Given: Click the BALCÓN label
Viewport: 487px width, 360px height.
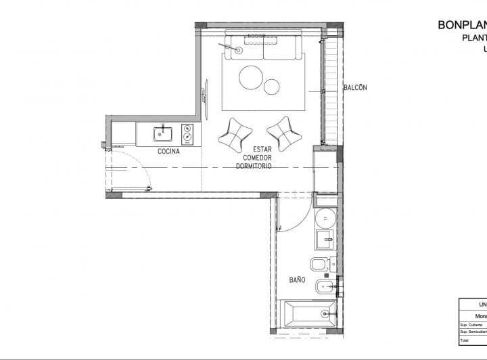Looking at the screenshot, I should pos(355,88).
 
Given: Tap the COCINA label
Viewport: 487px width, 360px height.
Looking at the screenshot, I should pos(168,151).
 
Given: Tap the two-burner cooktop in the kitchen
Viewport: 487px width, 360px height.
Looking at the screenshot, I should pos(187,134).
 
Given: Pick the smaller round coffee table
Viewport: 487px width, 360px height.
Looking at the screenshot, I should pos(272,87).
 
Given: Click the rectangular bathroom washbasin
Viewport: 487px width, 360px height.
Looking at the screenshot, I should pos(325,238).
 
